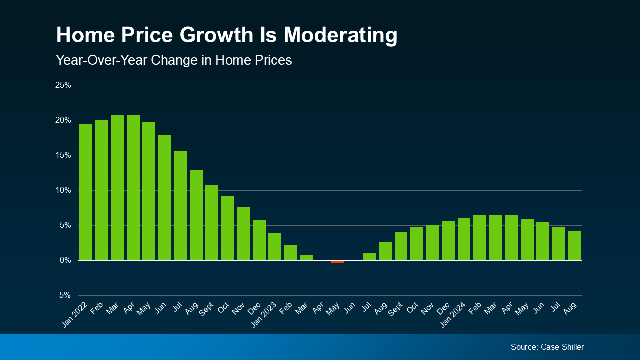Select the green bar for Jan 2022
[86, 192]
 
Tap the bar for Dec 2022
[259, 240]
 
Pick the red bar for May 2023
[338, 262]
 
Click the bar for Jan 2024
[464, 239]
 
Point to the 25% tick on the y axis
[63, 85]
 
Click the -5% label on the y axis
[63, 295]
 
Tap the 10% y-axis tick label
[63, 190]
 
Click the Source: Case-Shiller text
[547, 347]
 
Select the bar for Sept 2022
[212, 223]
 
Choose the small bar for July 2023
[369, 257]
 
